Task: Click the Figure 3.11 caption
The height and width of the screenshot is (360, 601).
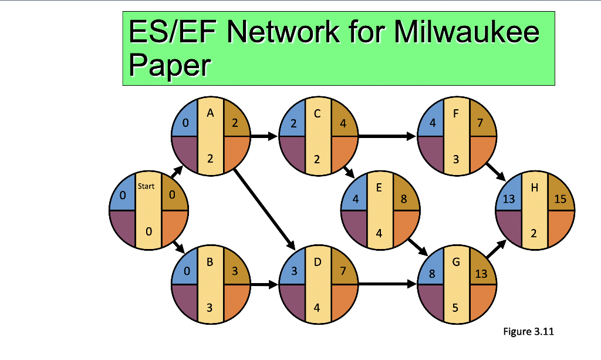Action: point(528,332)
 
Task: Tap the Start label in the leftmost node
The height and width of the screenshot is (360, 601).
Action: point(146,186)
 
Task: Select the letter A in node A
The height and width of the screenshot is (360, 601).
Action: point(210,115)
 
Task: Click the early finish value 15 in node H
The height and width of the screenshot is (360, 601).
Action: point(560,199)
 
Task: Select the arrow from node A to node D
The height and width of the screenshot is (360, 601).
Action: point(264,208)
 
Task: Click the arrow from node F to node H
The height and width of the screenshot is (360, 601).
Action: point(495,171)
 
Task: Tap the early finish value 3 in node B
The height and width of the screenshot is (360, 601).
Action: point(234,272)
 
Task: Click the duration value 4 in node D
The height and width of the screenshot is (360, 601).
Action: point(317,308)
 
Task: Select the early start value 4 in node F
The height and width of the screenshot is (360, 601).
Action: point(432,125)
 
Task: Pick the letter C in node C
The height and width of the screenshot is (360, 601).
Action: point(318,115)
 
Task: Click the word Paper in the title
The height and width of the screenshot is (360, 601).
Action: point(168,65)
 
